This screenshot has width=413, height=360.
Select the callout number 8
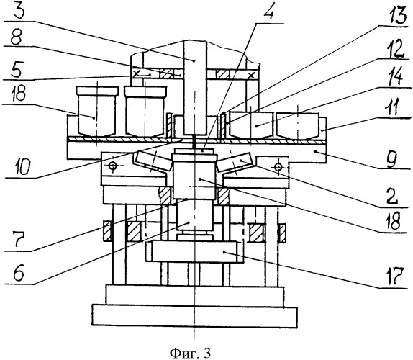pos(17,39)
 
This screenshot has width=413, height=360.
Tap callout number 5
pos(17,70)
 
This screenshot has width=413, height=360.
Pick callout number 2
pos(391,196)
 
